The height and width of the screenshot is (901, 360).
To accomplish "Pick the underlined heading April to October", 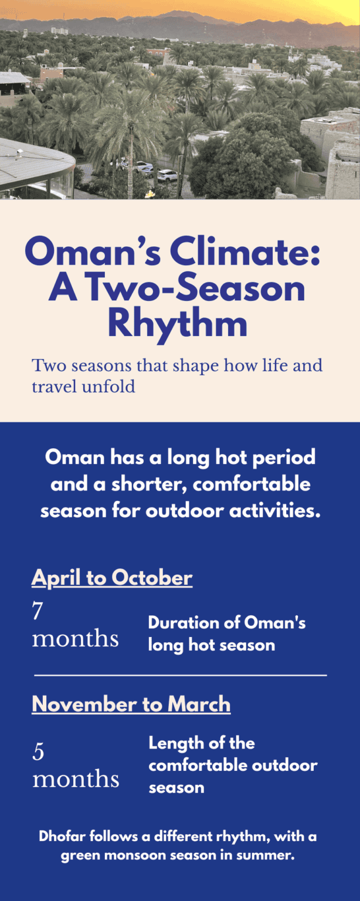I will click(112, 578).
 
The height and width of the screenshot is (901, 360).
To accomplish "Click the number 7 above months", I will click(38, 611).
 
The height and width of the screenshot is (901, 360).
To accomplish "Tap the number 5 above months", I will click(38, 752).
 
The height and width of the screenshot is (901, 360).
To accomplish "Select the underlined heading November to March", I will click(131, 704).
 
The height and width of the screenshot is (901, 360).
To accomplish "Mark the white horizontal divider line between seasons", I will click(180, 675).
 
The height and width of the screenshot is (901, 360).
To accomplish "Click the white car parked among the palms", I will click(167, 175).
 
